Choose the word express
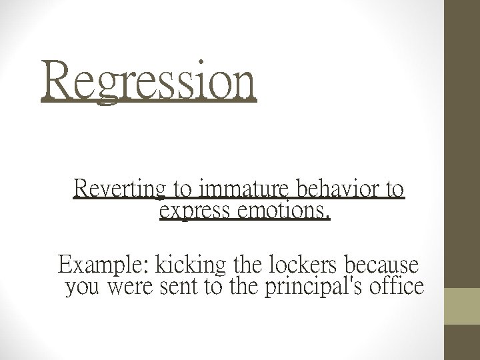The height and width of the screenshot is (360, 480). pyautogui.click(x=193, y=212)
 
